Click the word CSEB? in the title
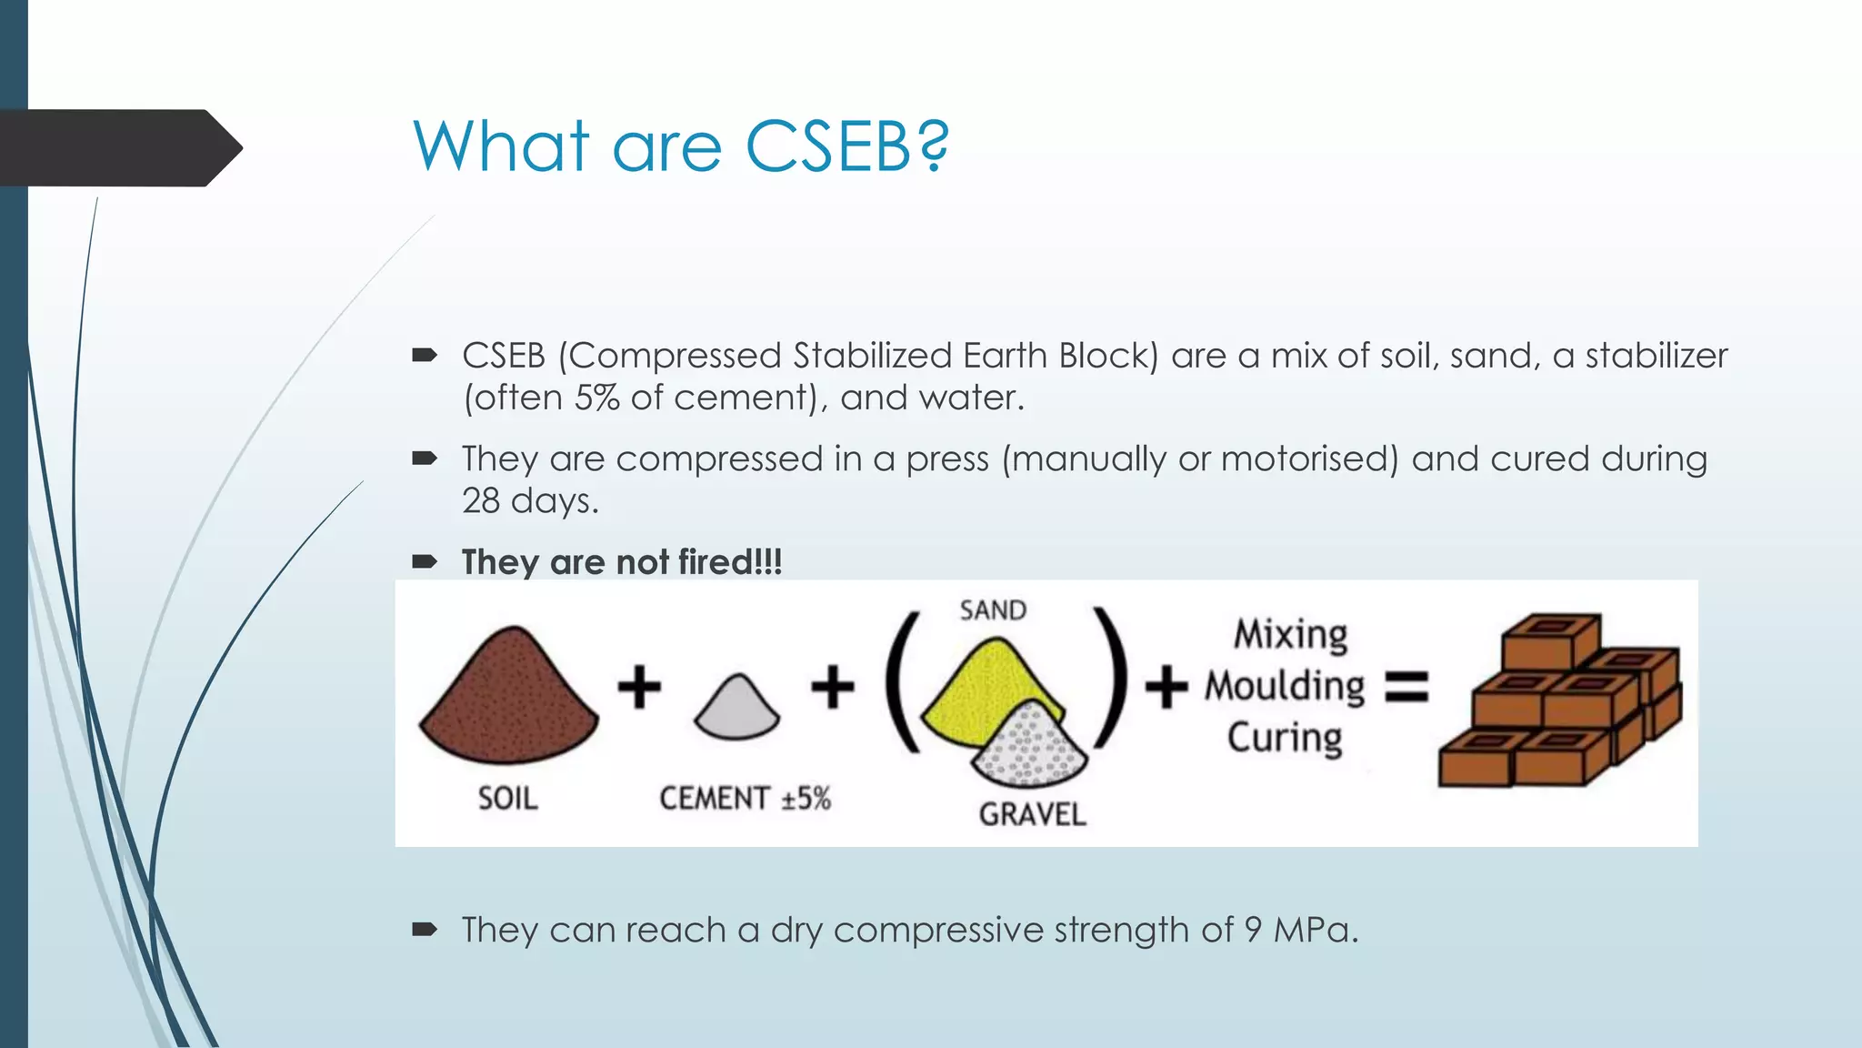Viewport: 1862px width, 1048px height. (846, 147)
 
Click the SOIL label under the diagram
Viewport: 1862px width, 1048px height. (507, 799)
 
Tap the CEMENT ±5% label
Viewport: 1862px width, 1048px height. (745, 799)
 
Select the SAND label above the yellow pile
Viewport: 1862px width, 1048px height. (993, 610)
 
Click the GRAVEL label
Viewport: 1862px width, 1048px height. (1032, 814)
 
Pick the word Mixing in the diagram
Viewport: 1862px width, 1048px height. (1290, 634)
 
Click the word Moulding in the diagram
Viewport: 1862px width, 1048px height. (1285, 686)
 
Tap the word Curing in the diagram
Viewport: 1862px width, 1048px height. (1285, 738)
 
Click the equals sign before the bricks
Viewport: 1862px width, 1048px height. (1407, 687)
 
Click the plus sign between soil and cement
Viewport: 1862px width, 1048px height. (639, 687)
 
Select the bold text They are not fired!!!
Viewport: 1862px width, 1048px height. (621, 562)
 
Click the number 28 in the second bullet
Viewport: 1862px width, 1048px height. (481, 501)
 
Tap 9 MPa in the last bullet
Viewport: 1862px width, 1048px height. (1300, 930)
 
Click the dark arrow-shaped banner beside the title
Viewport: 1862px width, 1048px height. (118, 148)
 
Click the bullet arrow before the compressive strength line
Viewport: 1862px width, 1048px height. (425, 930)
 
